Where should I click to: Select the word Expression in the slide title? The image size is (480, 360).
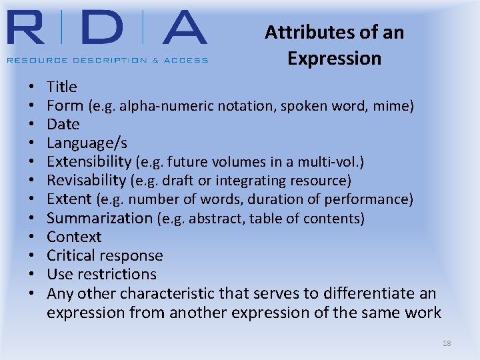tap(334, 59)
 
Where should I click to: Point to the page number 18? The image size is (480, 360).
tap(447, 343)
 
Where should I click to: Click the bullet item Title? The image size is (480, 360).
tap(62, 87)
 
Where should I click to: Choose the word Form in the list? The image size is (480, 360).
tap(65, 105)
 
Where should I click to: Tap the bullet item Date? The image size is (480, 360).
tap(63, 124)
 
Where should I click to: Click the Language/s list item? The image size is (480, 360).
tap(87, 143)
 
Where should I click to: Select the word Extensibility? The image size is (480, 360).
tap(89, 161)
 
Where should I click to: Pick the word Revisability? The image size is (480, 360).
tap(86, 180)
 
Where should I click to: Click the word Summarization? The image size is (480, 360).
tap(99, 218)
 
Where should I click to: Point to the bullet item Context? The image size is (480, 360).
tap(74, 237)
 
